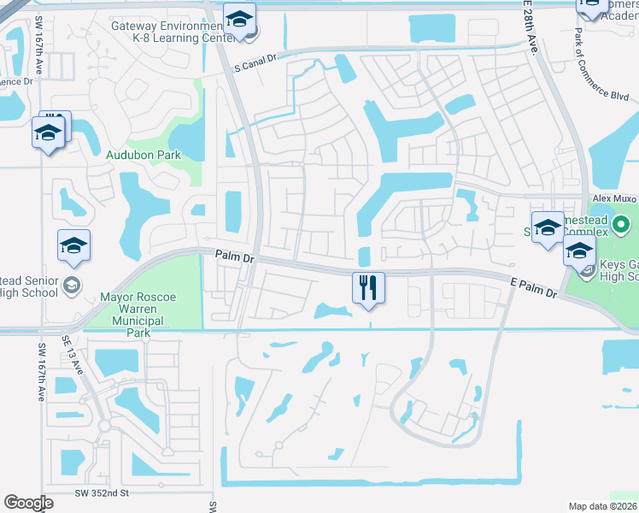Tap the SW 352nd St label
[102, 493]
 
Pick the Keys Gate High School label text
[620, 270]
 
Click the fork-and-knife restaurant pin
[369, 288]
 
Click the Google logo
[29, 502]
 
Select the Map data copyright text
[602, 506]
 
